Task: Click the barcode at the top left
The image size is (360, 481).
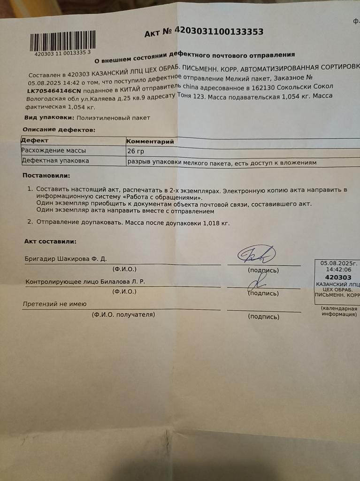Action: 62,41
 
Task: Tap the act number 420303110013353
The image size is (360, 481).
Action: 219,31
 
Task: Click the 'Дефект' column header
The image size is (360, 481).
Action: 35,140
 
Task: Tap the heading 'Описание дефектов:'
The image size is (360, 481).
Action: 59,129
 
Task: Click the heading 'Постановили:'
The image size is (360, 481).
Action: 46,176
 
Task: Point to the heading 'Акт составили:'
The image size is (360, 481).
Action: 50,241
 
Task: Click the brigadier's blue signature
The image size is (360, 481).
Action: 256,255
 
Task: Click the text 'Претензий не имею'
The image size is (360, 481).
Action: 55,304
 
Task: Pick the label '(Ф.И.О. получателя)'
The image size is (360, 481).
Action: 123,314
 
